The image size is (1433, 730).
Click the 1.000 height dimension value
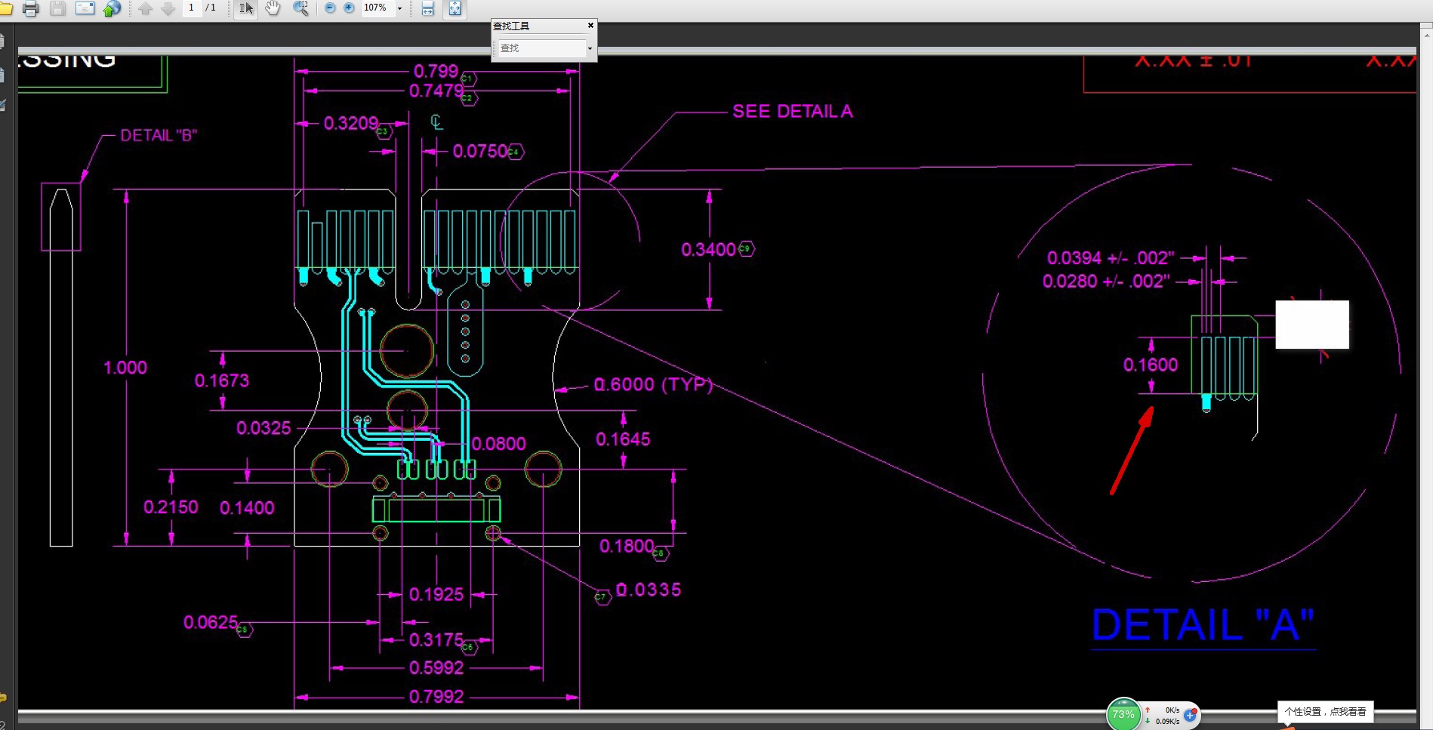coord(125,368)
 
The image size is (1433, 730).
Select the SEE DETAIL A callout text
coord(792,112)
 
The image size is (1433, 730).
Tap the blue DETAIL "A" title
coord(1203,625)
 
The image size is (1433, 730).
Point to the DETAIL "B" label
coord(159,136)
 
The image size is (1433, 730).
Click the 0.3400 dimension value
coord(708,250)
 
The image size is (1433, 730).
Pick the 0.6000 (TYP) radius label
coord(653,384)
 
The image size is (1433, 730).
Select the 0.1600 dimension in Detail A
coord(1150,365)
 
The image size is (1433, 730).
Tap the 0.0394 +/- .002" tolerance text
coord(1110,258)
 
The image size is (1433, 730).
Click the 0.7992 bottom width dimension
coord(436,696)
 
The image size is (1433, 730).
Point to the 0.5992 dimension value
coord(436,668)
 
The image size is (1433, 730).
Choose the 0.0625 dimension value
coord(211,622)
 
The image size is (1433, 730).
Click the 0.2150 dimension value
coord(171,507)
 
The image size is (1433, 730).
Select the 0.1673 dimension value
coord(222,380)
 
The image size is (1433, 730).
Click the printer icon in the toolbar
coord(31,9)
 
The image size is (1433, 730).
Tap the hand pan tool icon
coord(273,8)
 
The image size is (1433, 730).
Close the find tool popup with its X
coord(590,26)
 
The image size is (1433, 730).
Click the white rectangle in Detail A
coord(1312,325)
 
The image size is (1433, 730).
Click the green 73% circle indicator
coord(1123,714)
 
